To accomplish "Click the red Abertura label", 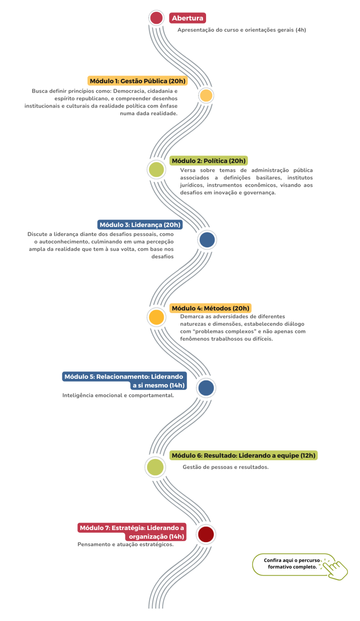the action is [x=187, y=18].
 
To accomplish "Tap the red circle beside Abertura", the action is [x=156, y=18].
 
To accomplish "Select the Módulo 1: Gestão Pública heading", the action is [x=137, y=81].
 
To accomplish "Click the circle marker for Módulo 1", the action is [x=206, y=96].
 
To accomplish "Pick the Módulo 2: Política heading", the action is [x=208, y=161].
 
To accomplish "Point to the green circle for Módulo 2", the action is [x=156, y=169].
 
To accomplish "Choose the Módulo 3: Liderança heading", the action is [x=140, y=224].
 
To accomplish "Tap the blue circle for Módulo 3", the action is [x=207, y=240].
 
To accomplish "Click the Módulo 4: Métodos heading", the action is [x=211, y=308].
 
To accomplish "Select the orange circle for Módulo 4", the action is [x=156, y=317].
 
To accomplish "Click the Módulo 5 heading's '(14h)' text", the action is [x=177, y=385].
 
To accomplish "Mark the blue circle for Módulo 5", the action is [x=206, y=388].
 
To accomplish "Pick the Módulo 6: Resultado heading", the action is [x=244, y=456].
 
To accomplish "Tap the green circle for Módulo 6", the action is [x=155, y=467].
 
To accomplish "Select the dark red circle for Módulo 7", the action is [x=206, y=534].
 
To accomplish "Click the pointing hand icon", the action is [x=334, y=568].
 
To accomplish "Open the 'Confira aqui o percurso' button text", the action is [x=292, y=560].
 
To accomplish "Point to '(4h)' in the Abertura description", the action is [x=301, y=30].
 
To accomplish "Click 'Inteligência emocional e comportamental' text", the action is [x=118, y=395].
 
